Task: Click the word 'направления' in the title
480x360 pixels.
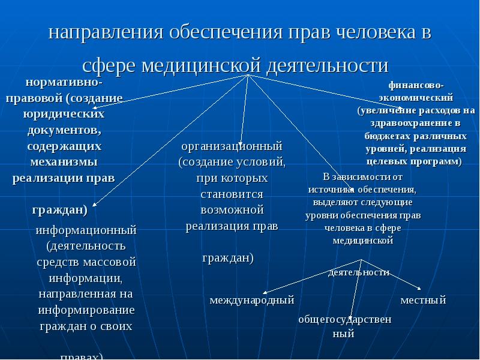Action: (x=106, y=33)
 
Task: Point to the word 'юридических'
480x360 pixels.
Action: (x=64, y=113)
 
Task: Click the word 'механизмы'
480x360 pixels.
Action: (x=64, y=162)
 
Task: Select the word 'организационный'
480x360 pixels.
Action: (x=232, y=146)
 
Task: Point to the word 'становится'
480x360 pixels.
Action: (x=232, y=194)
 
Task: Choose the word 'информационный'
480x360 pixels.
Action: (x=86, y=230)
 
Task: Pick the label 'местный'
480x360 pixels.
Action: (x=424, y=299)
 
